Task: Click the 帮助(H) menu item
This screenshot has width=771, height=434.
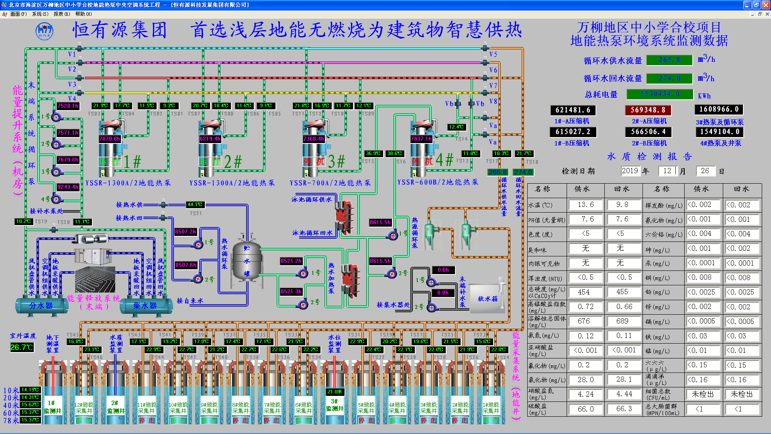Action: click(83, 14)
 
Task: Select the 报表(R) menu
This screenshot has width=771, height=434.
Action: click(61, 14)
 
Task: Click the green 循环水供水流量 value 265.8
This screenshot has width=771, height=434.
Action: click(669, 60)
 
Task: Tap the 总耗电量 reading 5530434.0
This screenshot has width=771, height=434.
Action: click(660, 94)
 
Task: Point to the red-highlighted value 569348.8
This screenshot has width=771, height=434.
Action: click(648, 110)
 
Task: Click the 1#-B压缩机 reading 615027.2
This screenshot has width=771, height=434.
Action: click(573, 132)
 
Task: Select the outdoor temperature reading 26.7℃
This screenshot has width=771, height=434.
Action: click(22, 347)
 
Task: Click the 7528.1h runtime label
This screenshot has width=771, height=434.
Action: click(68, 106)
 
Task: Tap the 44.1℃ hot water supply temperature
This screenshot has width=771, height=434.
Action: click(195, 205)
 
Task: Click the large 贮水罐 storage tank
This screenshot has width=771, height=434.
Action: click(247, 261)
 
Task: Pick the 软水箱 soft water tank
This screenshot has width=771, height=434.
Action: click(487, 299)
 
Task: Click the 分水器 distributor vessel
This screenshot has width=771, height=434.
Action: click(41, 305)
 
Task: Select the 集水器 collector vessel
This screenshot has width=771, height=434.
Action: click(145, 305)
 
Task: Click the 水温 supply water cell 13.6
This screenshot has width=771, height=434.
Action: click(585, 205)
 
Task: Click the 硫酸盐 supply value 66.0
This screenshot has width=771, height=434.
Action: click(585, 409)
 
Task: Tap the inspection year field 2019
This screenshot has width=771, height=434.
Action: click(630, 171)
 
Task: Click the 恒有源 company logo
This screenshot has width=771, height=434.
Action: click(44, 31)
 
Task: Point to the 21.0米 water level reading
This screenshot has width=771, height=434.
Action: click(335, 391)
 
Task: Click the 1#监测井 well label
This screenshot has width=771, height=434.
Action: click(53, 407)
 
